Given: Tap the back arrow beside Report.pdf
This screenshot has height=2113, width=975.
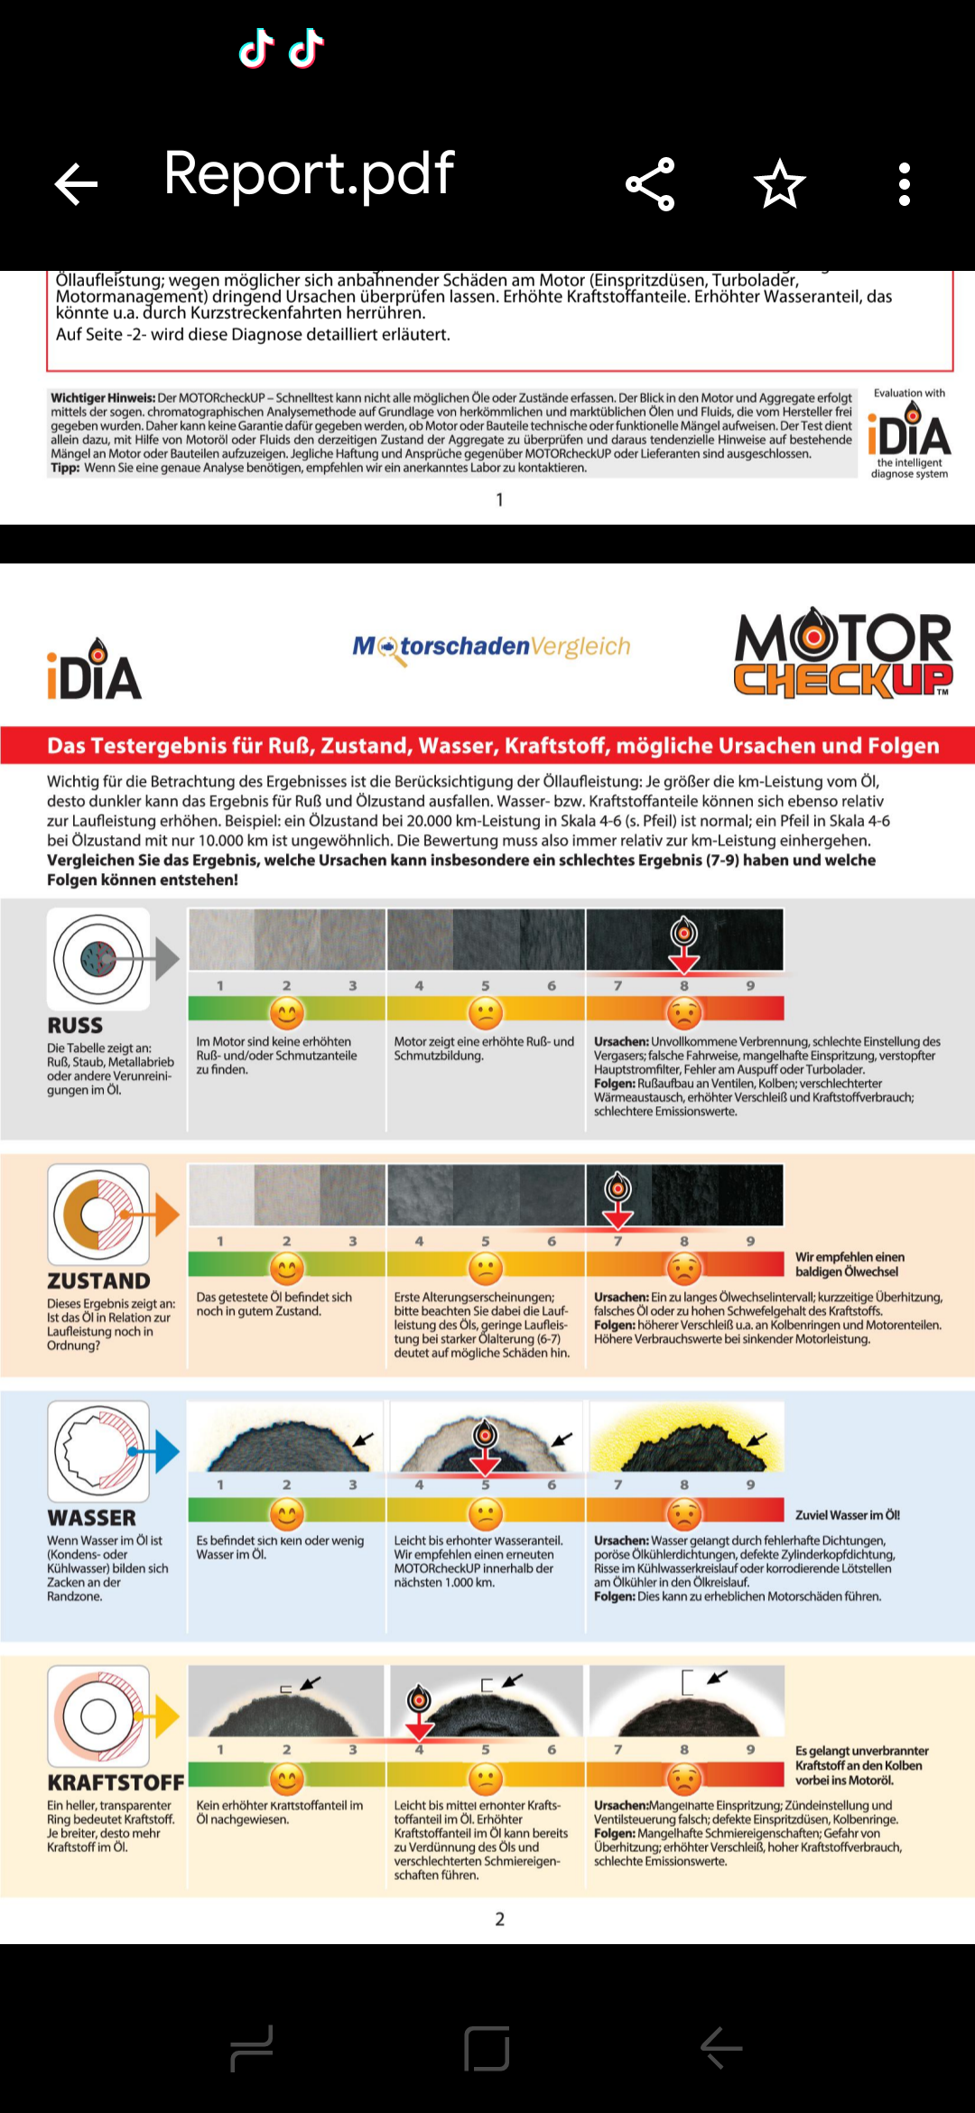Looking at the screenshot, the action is tap(76, 184).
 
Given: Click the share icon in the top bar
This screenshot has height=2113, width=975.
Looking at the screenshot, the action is tap(650, 184).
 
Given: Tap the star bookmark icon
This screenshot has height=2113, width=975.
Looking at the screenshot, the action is tap(779, 184).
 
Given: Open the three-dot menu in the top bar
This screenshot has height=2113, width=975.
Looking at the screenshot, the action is tap(904, 184).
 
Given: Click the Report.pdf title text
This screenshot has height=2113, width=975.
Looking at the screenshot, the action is tap(309, 173).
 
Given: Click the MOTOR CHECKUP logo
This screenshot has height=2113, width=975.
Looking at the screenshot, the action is tap(843, 655).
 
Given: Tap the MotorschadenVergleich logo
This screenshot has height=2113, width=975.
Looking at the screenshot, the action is tap(491, 647).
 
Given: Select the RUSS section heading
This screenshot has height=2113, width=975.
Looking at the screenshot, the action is tap(75, 1026).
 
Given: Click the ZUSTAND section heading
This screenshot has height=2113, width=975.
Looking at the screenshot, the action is tap(98, 1281).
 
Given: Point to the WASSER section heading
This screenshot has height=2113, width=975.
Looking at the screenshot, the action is tap(91, 1519).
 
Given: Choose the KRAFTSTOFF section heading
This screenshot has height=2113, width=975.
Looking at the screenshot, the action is tap(116, 1783).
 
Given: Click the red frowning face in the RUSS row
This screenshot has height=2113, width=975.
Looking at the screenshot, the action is tap(684, 1013).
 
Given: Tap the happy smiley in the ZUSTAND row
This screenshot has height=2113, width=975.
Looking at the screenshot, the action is tap(287, 1269).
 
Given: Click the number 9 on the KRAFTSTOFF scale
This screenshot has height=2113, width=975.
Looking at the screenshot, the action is tap(750, 1749).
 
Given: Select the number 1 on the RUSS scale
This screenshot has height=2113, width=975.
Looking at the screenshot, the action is tap(220, 986).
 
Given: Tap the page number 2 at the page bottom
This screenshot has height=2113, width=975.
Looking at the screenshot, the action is tap(500, 1919).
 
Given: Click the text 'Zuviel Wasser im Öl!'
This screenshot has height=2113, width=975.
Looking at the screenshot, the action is tap(847, 1515).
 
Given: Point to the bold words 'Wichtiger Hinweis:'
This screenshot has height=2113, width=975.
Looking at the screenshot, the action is tap(103, 397).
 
